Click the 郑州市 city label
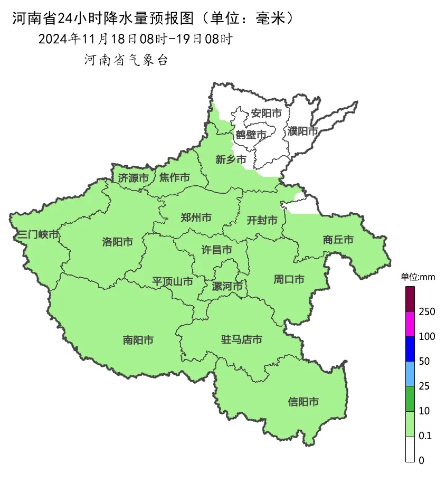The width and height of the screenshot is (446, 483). click(x=196, y=217)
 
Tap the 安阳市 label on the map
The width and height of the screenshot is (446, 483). click(x=265, y=113)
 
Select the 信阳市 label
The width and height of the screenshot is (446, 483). click(x=303, y=402)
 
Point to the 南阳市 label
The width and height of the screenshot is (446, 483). click(x=138, y=340)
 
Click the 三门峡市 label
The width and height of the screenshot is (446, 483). click(x=37, y=234)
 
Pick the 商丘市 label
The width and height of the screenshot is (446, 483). click(x=338, y=240)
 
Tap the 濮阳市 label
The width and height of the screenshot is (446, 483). click(x=303, y=131)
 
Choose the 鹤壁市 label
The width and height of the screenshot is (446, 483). click(x=251, y=135)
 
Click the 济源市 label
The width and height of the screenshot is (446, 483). click(x=132, y=178)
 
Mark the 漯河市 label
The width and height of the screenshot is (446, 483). click(x=227, y=287)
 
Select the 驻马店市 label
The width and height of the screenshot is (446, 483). click(x=241, y=339)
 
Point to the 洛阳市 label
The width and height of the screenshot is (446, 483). click(x=117, y=242)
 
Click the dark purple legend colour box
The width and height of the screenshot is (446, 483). click(x=410, y=299)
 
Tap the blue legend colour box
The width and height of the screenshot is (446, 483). click(x=410, y=349)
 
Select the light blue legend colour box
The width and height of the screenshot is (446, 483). click(x=410, y=374)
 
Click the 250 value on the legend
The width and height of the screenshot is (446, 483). click(x=426, y=312)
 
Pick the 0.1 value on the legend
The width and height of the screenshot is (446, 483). click(x=425, y=436)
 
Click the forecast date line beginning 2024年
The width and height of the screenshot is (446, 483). click(x=135, y=39)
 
